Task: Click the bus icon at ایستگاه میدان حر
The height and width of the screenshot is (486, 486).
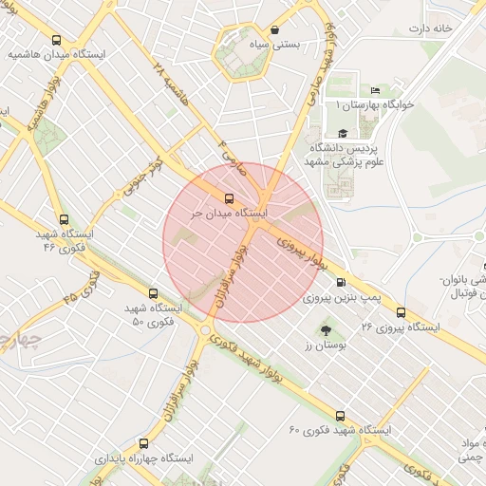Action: tap(228, 198)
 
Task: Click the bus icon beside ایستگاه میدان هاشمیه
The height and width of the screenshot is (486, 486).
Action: tap(57, 41)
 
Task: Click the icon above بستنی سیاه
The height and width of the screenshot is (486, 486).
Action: tap(275, 29)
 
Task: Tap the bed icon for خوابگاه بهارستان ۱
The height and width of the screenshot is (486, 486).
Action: tap(375, 90)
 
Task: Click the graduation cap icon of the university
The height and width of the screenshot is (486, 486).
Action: tap(342, 135)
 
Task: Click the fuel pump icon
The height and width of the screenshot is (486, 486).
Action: tap(341, 282)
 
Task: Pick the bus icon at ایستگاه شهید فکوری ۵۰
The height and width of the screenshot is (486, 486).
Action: tap(153, 293)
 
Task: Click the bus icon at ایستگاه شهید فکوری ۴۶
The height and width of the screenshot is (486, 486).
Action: tap(64, 218)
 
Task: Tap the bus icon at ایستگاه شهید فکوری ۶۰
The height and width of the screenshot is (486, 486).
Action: tap(341, 415)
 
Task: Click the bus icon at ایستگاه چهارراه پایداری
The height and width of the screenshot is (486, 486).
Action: tap(143, 442)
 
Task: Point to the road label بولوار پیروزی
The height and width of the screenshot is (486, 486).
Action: tap(302, 256)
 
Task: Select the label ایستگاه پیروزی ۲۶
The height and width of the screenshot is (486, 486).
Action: tap(402, 327)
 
